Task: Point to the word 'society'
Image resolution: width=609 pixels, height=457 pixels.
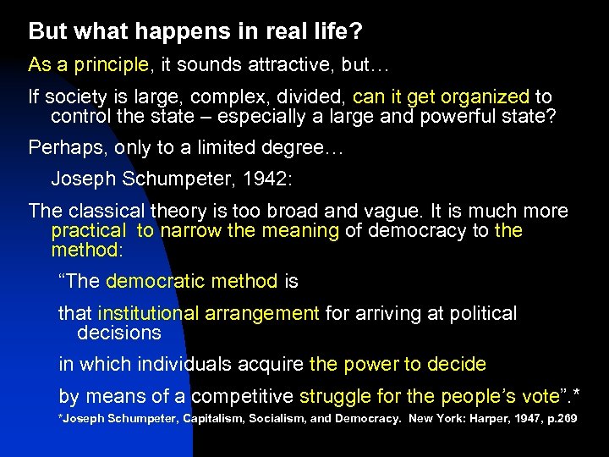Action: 74,96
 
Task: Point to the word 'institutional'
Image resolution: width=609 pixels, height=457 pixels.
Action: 148,314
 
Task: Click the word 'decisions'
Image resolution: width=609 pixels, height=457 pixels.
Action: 118,333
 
